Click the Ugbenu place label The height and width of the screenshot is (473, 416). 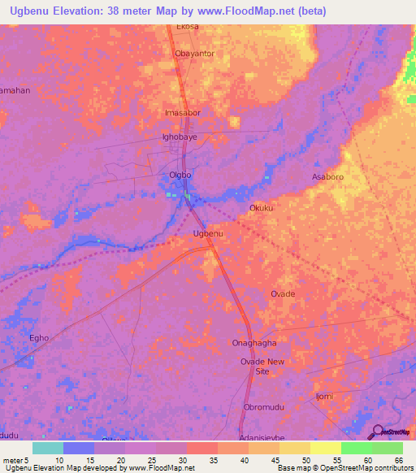208,234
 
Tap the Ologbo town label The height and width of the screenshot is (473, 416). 180,175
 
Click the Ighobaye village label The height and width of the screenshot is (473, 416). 180,137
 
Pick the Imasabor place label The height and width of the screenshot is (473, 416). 182,113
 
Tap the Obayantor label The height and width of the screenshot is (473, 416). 194,54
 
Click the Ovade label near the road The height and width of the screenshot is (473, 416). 283,293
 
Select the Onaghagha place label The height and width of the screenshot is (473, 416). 255,343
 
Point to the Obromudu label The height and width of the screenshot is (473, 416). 263,406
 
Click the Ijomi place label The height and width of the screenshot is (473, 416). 325,396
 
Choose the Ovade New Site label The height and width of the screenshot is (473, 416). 262,366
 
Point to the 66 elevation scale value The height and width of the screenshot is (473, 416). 398,460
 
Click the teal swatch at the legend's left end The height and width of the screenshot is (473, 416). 47,448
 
